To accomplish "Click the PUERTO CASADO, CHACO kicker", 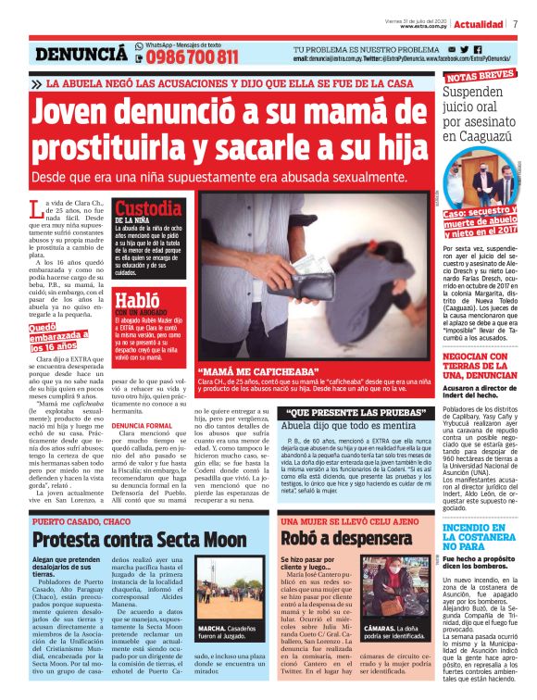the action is (x=81, y=520).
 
